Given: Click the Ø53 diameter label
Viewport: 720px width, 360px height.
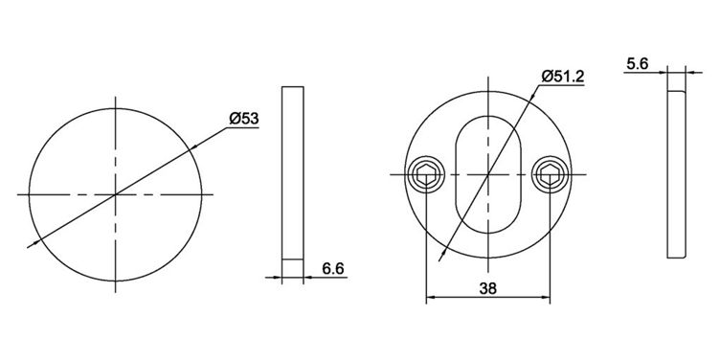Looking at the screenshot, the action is click(x=244, y=119).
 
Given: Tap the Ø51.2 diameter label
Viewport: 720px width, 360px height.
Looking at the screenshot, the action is click(x=563, y=77).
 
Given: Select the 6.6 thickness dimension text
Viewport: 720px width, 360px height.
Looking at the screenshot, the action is click(x=333, y=269).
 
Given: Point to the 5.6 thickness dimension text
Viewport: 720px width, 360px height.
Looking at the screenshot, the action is click(x=637, y=64).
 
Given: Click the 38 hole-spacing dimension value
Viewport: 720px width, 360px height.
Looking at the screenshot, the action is click(x=488, y=289).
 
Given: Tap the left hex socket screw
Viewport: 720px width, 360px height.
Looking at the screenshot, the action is click(x=426, y=174).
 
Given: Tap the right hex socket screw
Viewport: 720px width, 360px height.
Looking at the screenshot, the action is click(x=550, y=174).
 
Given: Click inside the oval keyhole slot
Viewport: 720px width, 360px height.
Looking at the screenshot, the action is click(x=488, y=174).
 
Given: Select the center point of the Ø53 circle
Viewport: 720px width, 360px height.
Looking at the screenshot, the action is click(x=115, y=194).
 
